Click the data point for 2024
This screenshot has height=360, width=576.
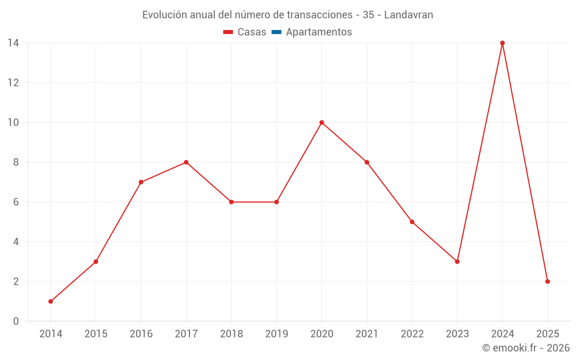502,43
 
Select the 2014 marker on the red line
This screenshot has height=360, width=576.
51,301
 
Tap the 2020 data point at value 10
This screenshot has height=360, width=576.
321,123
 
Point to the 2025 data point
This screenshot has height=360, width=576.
547,282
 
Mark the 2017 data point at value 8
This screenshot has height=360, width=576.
186,162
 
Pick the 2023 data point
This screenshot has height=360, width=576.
457,262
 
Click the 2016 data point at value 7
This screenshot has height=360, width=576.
141,182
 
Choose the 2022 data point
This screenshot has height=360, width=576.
412,222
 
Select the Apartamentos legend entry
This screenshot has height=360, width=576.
319,32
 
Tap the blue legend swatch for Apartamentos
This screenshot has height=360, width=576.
276,32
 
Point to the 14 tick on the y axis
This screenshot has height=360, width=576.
13,43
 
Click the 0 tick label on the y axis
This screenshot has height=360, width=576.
16,321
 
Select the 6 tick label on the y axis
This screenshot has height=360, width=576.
16,202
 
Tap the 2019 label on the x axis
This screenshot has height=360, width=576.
276,334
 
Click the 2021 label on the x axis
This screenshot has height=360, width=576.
367,334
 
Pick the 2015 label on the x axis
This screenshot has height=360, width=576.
96,334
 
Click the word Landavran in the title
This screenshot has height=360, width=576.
408,15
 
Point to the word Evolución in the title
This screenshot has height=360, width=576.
164,15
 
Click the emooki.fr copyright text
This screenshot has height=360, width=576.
526,348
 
